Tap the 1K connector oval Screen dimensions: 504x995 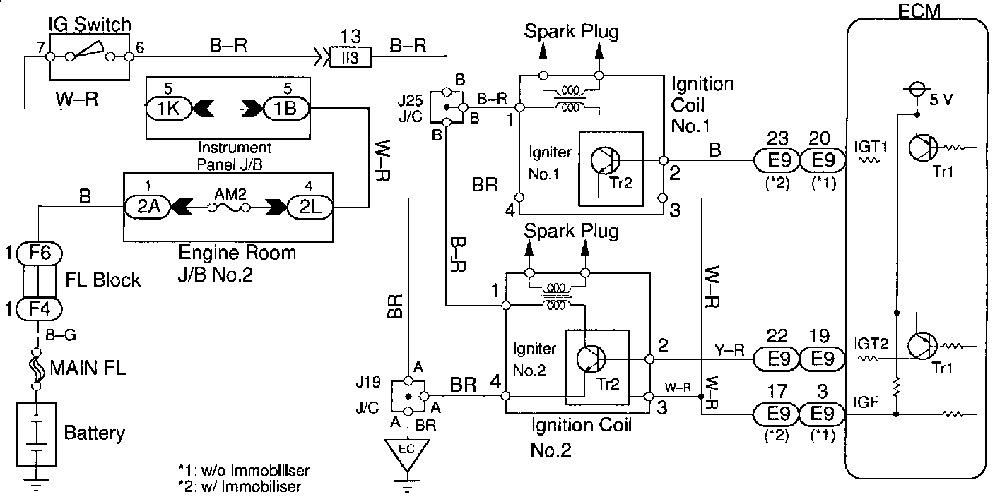pos(165,109)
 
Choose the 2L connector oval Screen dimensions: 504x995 pos(308,208)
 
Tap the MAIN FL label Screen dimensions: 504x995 pos(88,368)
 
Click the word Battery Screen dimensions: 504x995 pos(94,432)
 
